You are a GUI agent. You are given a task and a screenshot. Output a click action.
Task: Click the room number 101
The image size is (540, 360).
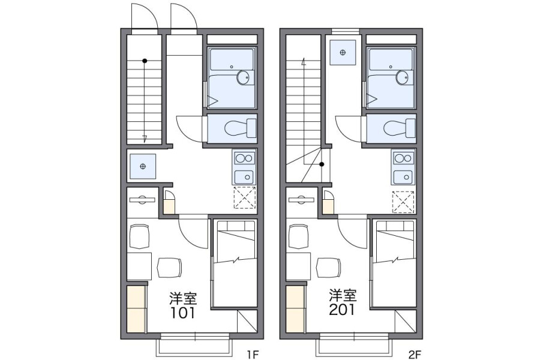tap(183, 313)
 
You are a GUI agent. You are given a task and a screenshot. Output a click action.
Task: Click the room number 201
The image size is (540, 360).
tap(341, 310)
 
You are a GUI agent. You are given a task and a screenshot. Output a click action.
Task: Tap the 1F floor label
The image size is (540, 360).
tap(252, 354)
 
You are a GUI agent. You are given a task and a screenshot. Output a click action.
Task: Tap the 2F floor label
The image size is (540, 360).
tap(415, 354)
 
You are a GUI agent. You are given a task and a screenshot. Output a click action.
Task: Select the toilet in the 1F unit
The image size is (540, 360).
tap(241, 128)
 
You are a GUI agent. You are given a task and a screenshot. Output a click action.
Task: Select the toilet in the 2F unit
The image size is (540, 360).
tap(400, 128)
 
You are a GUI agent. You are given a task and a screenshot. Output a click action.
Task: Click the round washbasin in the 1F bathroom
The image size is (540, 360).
tap(244, 77)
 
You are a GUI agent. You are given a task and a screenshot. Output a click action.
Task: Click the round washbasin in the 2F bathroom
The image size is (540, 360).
tap(402, 77)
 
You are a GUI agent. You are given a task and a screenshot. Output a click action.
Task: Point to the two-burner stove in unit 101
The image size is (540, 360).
tap(244, 158)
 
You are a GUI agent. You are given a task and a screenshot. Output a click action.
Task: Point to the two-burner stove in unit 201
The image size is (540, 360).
tap(403, 158)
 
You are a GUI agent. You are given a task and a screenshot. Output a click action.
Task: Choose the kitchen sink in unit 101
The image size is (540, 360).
tap(244, 177)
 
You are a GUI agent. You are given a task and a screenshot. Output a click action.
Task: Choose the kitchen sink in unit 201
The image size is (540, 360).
tap(403, 177)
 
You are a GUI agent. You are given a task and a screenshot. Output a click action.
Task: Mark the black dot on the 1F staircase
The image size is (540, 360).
tap(145, 61)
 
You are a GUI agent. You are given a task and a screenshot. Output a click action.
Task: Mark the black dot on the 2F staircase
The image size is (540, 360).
tap(322, 164)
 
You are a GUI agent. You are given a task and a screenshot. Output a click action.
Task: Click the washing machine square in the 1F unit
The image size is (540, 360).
tap(143, 166)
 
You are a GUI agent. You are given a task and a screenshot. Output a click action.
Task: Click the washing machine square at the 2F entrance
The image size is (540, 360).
tap(343, 52)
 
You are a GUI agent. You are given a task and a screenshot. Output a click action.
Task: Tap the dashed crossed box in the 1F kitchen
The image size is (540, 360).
tap(245, 197)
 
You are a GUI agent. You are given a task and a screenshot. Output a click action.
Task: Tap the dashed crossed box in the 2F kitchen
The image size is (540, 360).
tap(403, 202)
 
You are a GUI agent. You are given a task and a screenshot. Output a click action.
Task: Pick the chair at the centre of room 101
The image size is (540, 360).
tap(169, 268)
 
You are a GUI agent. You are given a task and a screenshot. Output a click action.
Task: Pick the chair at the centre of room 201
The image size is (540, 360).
tap(329, 268)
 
